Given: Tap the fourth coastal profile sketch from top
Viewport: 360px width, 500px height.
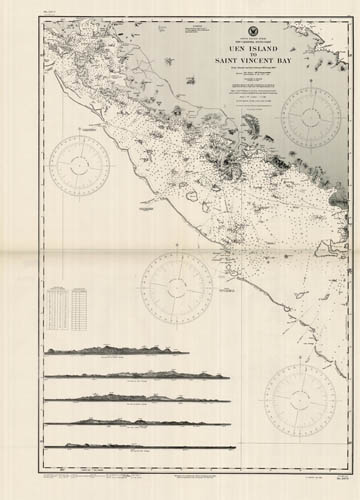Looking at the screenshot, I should point(130,422).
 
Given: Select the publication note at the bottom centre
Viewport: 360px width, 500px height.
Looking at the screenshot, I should point(180,481).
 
